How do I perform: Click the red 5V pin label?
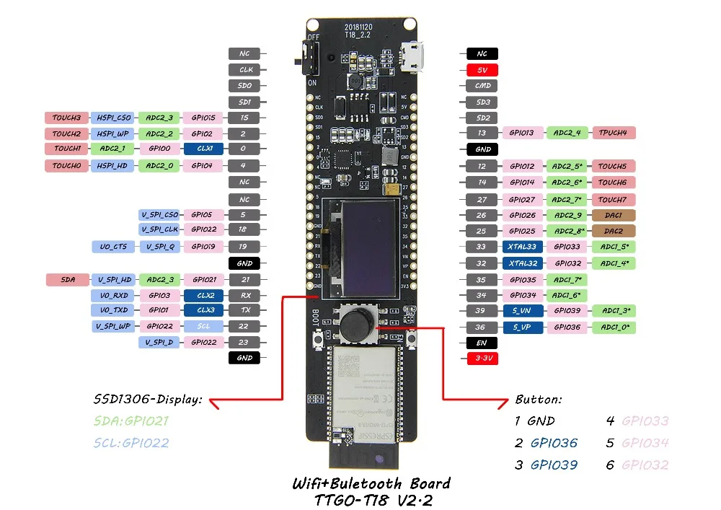pyautogui.click(x=482, y=70)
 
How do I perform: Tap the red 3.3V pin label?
pyautogui.click(x=482, y=358)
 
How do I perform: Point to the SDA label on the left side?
pyautogui.click(x=66, y=279)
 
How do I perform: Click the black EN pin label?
pyautogui.click(x=482, y=343)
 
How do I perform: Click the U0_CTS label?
pyautogui.click(x=113, y=247)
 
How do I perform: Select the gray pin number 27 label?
pyautogui.click(x=482, y=200)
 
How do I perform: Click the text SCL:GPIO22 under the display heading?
pyautogui.click(x=131, y=443)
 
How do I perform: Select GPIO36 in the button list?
pyautogui.click(x=554, y=443)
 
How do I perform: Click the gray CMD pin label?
pyautogui.click(x=482, y=86)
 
